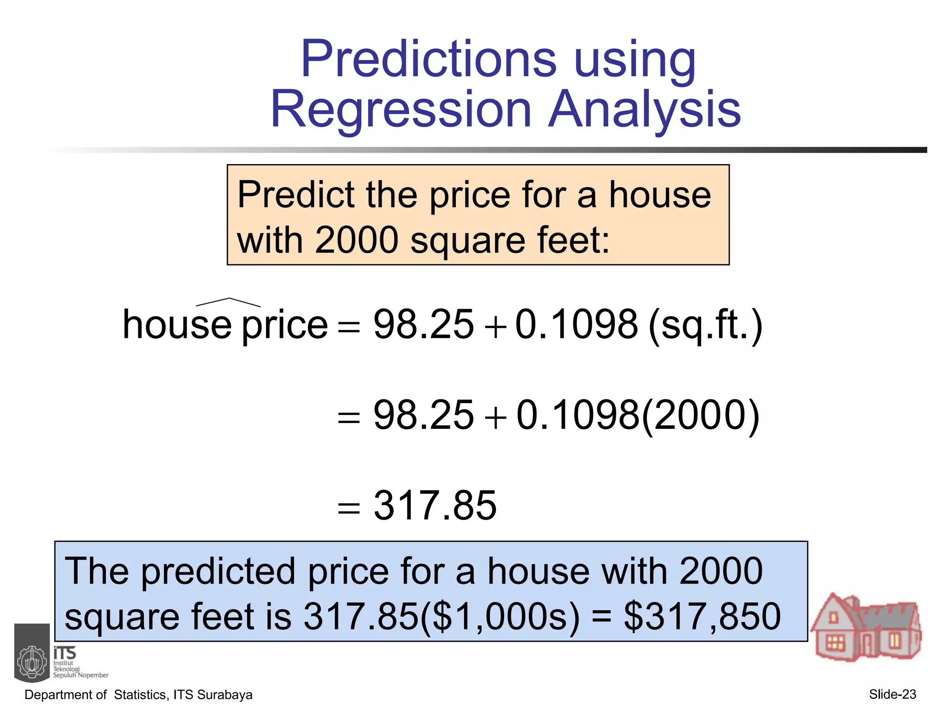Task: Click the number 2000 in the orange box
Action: point(357,240)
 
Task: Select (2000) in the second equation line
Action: point(700,416)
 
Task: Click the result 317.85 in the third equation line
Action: point(435,506)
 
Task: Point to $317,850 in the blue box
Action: point(702,616)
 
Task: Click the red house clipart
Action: point(866,627)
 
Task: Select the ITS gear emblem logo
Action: point(32,662)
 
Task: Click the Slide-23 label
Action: point(892,694)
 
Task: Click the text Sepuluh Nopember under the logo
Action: point(81,675)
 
